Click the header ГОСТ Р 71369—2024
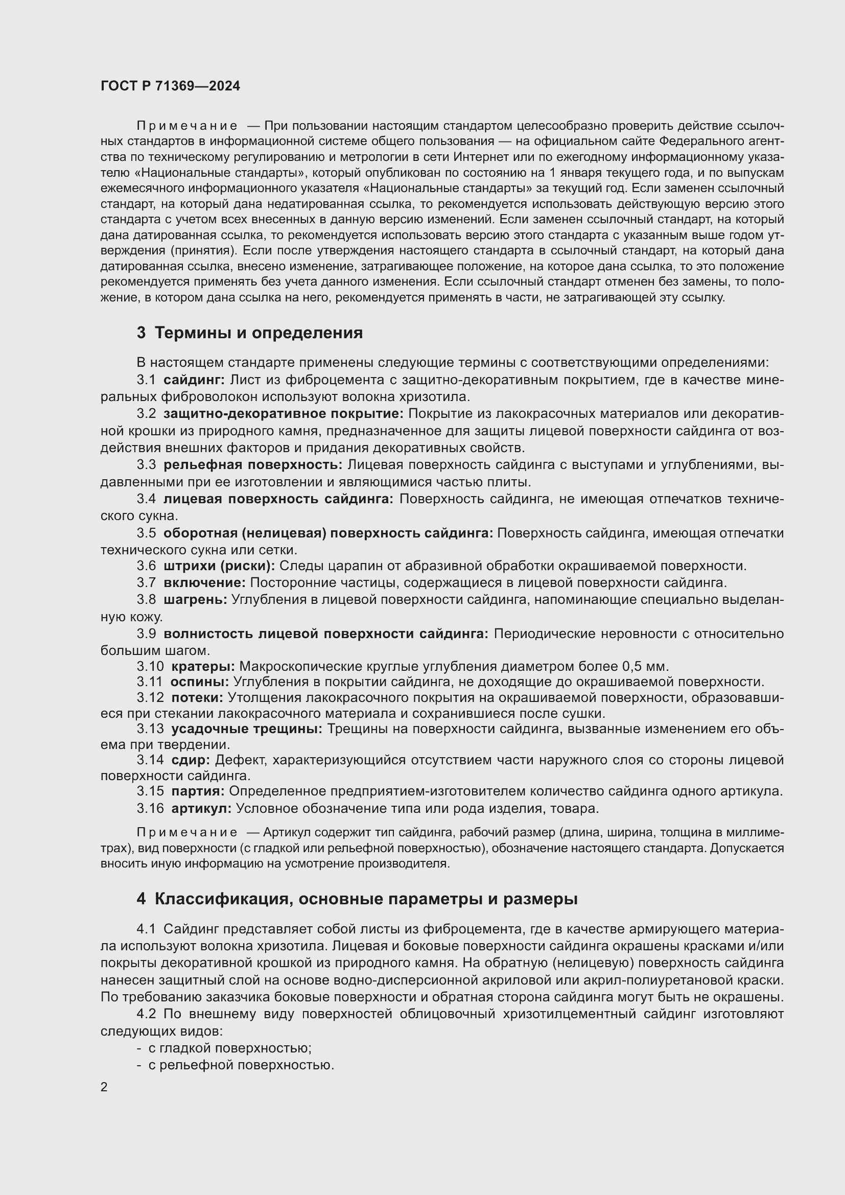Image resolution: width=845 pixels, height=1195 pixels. [170, 86]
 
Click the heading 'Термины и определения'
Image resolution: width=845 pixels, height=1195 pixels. [258, 333]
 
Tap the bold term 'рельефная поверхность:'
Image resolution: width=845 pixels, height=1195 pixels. [253, 465]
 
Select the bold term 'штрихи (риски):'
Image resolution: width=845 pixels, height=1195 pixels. [219, 566]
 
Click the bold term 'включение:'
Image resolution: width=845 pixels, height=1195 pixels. [204, 582]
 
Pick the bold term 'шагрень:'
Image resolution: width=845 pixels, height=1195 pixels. [195, 600]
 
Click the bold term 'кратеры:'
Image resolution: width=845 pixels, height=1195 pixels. [203, 666]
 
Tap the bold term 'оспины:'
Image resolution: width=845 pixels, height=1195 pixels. [200, 682]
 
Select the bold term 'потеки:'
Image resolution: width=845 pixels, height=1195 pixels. [197, 697]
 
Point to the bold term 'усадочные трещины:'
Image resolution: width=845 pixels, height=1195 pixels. [247, 729]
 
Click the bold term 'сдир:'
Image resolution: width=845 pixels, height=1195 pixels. [191, 760]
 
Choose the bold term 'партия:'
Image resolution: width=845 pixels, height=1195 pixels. [198, 791]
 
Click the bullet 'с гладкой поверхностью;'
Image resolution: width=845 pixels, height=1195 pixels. [229, 1048]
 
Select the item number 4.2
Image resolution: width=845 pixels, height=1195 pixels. [147, 1014]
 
